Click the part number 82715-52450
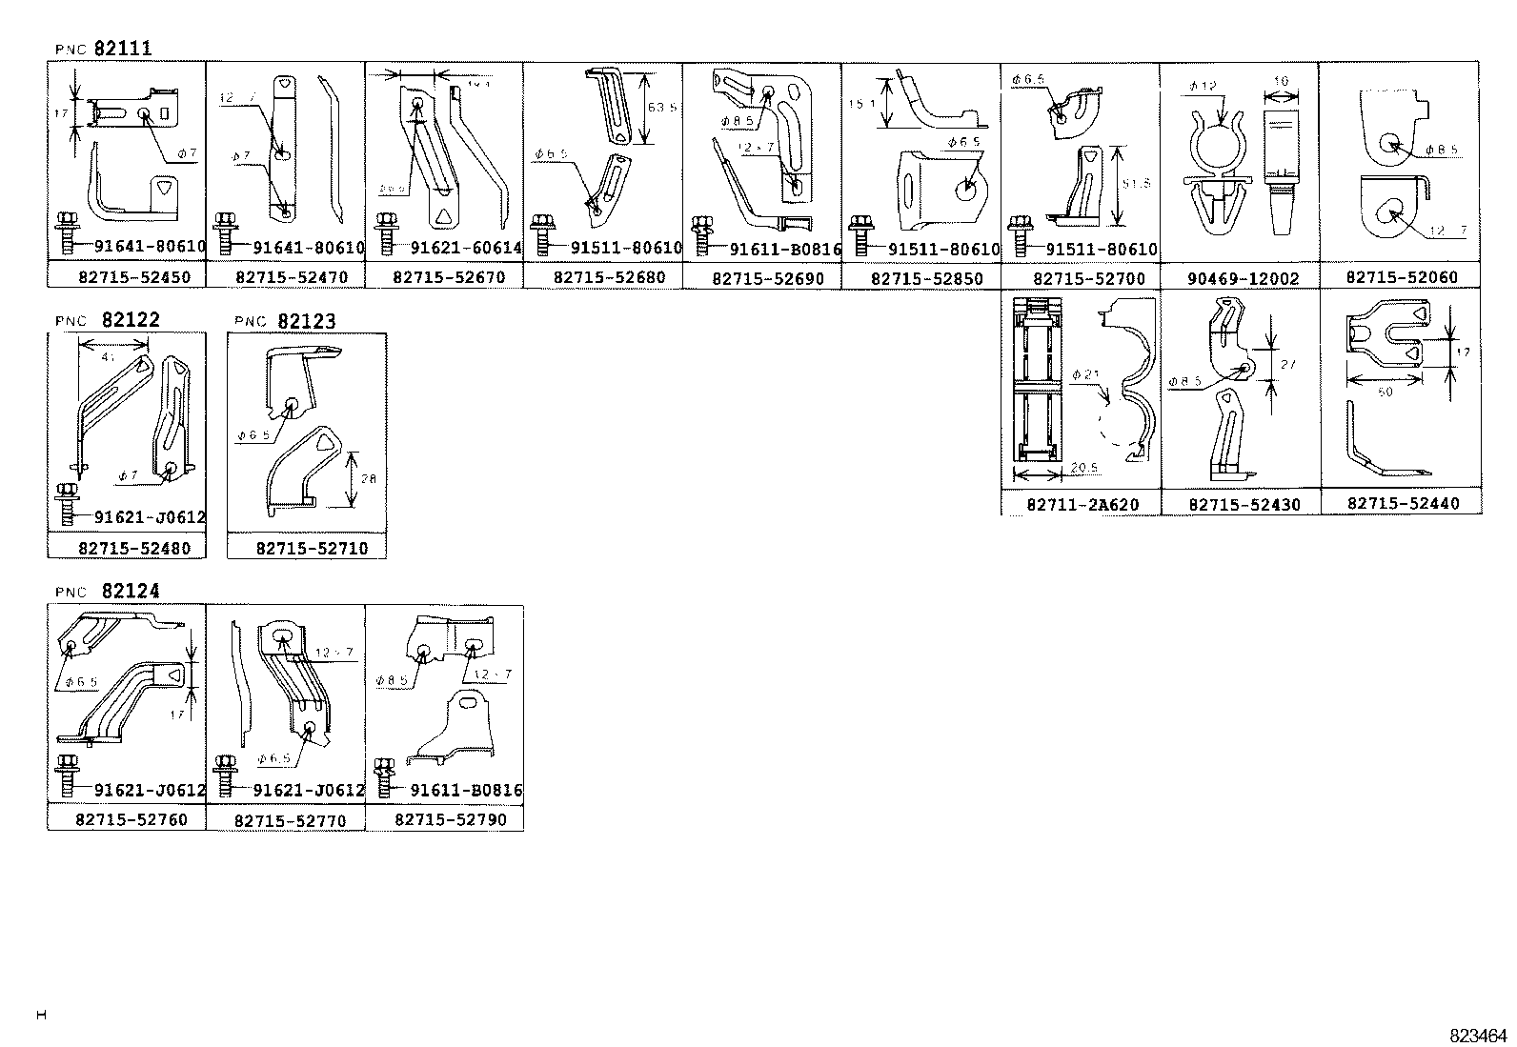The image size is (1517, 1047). click(127, 278)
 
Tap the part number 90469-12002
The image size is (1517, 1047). click(1239, 279)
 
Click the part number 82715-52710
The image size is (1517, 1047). click(306, 549)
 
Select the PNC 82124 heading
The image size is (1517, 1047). click(107, 591)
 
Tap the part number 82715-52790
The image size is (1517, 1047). click(444, 819)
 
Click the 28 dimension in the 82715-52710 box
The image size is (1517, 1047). click(369, 478)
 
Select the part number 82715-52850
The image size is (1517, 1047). click(921, 279)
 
